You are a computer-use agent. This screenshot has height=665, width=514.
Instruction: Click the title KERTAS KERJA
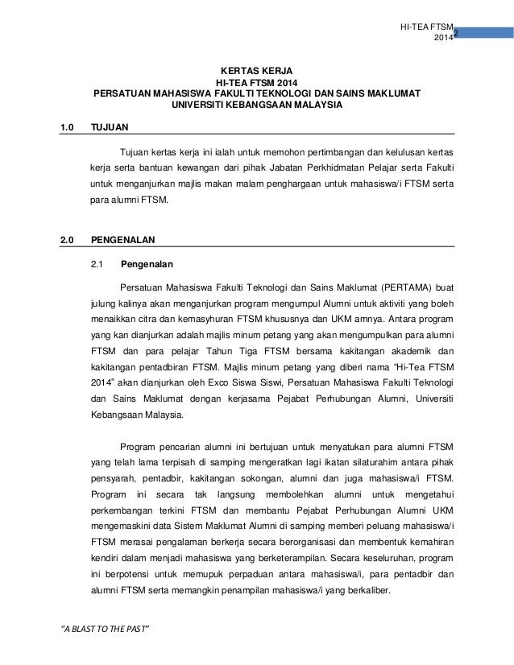257,71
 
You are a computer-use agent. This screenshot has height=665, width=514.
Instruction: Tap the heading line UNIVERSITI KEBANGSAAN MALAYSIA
257,105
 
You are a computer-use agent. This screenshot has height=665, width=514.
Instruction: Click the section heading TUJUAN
109,127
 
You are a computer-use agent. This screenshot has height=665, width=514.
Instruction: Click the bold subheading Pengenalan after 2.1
146,263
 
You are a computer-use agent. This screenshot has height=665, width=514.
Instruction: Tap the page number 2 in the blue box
455,33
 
